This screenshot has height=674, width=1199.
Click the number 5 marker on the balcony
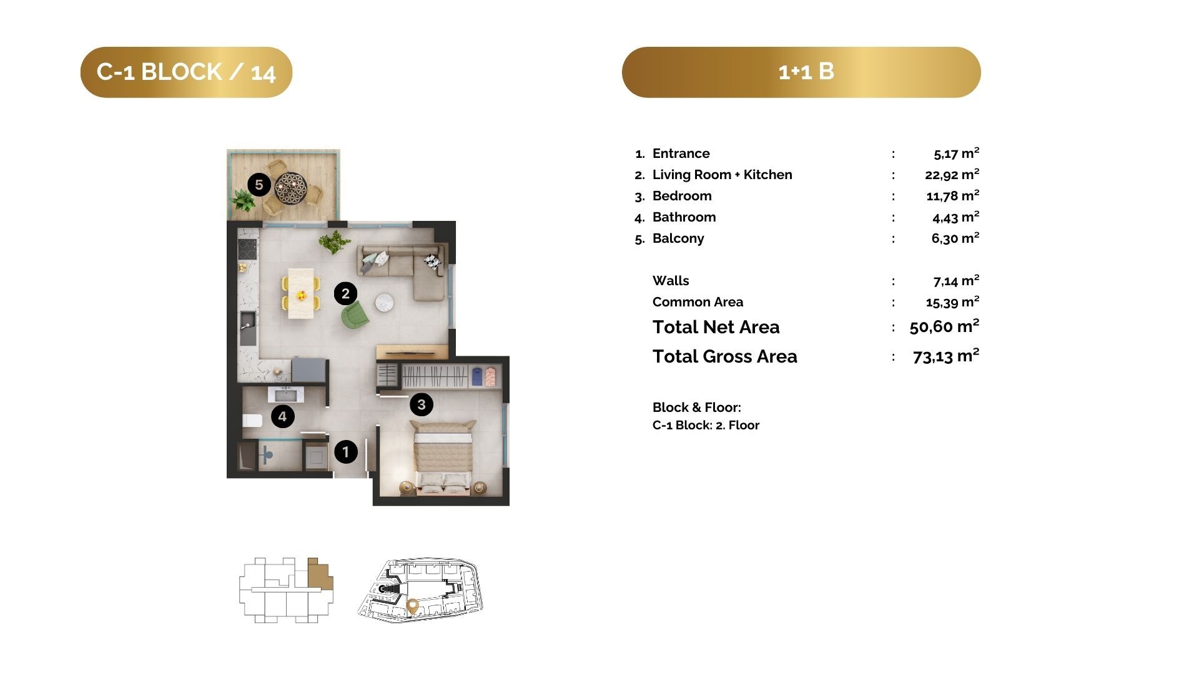tap(259, 184)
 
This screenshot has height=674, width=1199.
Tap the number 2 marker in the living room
tap(345, 293)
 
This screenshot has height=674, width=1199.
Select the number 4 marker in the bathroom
tap(282, 416)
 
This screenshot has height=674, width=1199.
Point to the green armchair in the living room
tap(355, 314)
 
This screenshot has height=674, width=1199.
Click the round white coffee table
tap(384, 303)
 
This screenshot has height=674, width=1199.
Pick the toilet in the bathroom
tap(252, 421)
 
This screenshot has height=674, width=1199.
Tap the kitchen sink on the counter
tap(248, 328)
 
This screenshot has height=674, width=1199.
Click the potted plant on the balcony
tap(242, 201)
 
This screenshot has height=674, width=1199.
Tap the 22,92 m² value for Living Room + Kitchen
tap(952, 174)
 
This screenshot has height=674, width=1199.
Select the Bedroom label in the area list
tap(682, 196)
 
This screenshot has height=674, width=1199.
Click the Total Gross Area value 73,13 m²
tap(945, 356)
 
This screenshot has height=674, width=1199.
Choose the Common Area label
tap(698, 302)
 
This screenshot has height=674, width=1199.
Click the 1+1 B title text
tap(806, 72)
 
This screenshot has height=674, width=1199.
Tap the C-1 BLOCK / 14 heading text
tap(186, 72)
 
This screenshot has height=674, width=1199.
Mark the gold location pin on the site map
tap(412, 605)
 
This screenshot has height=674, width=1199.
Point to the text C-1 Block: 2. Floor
tap(706, 426)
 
